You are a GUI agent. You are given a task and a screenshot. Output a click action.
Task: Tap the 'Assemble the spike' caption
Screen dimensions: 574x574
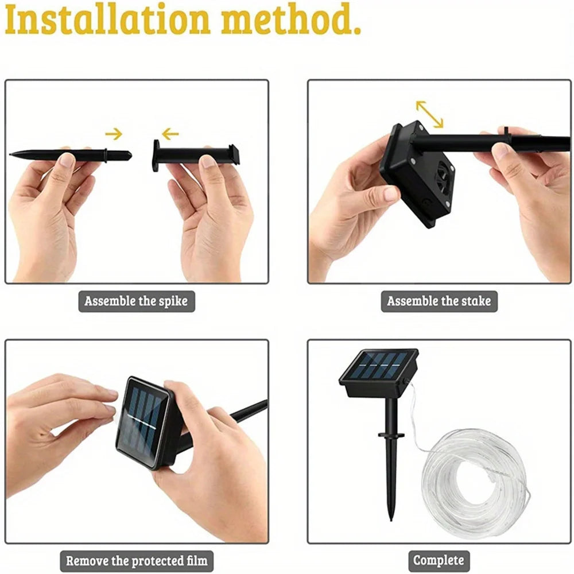[136, 301]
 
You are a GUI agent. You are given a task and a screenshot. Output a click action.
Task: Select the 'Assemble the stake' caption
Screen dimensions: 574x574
[439, 301]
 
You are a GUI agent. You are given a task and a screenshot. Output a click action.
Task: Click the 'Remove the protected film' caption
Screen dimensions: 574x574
[136, 560]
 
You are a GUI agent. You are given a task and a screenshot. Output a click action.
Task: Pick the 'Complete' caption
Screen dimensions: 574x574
[439, 560]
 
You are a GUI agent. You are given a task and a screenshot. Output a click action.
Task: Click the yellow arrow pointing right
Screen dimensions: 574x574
[114, 134]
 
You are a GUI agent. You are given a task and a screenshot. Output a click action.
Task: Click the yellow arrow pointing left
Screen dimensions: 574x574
[170, 134]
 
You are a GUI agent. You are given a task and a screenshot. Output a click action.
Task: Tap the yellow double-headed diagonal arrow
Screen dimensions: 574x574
[429, 114]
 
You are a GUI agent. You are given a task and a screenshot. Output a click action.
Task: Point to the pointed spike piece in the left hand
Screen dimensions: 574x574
[69, 154]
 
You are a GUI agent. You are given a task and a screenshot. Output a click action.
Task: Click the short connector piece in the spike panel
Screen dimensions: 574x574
[195, 154]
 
